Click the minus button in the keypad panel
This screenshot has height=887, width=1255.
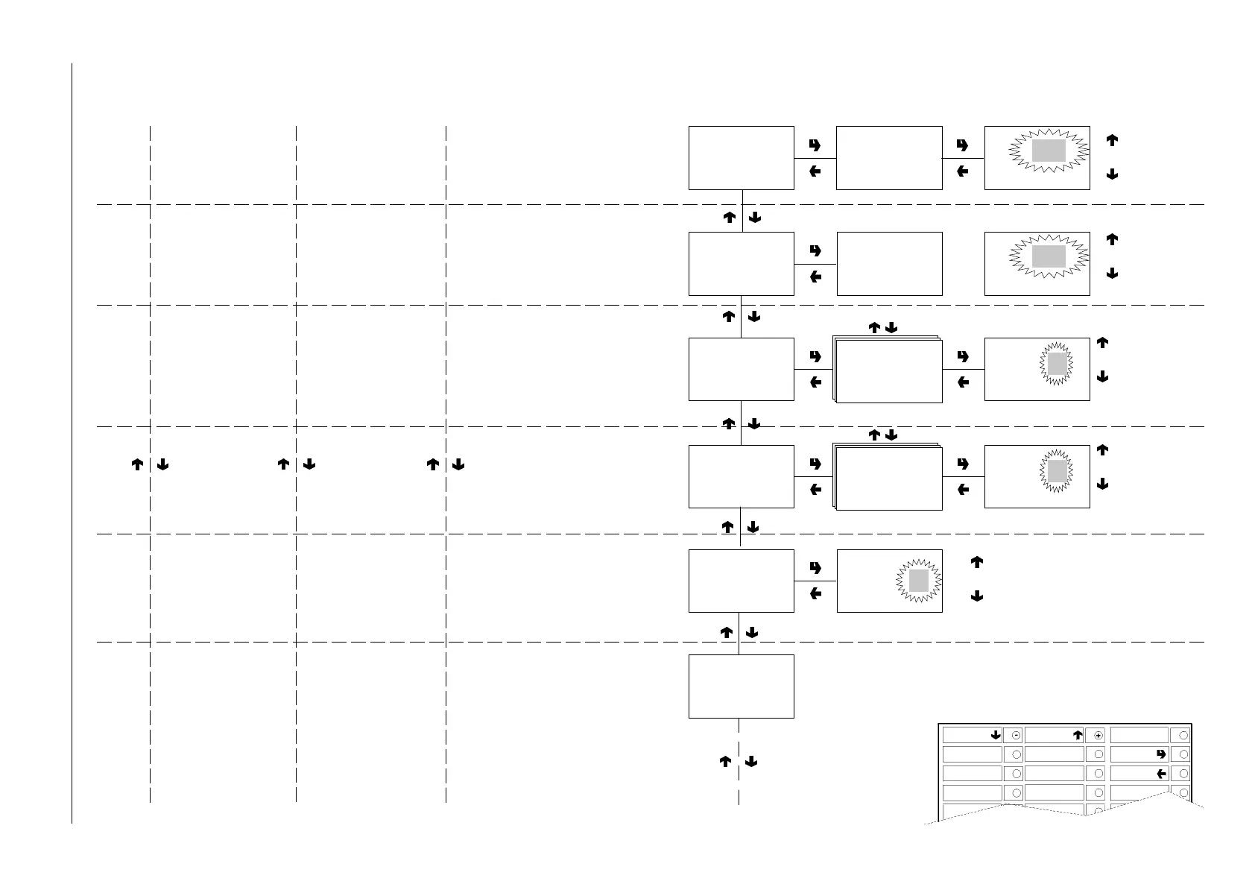1016,735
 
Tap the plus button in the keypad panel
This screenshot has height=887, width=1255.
1098,735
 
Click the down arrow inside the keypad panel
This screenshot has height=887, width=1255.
995,735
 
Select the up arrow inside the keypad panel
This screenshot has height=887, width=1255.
1077,735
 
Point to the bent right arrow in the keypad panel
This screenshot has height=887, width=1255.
1161,754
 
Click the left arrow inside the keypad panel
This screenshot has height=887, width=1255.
1161,774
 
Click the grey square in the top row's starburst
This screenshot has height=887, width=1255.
1049,151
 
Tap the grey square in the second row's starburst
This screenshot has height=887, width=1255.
1049,256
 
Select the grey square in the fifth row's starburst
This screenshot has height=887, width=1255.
918,581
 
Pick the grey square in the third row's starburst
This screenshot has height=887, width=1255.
1058,364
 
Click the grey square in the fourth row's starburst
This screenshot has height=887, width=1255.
1058,471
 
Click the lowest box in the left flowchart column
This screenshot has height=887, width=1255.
741,686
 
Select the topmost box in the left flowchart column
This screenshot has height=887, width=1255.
741,158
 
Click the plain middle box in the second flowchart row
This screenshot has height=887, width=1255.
890,264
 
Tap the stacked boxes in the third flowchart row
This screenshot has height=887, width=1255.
888,370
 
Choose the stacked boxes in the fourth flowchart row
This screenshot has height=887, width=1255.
888,478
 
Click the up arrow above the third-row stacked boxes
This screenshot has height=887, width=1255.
875,328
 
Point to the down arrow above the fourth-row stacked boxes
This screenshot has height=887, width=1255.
891,435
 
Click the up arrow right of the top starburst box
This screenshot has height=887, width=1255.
1112,140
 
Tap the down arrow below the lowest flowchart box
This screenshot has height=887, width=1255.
751,762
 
